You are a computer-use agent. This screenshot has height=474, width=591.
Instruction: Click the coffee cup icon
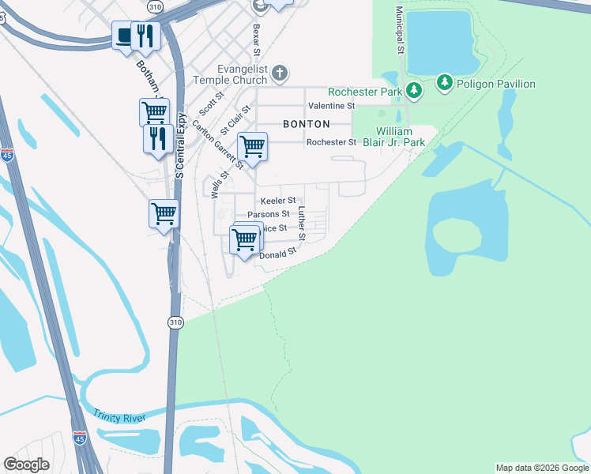(124, 36)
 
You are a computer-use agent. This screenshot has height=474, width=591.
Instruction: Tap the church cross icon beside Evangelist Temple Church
(279, 74)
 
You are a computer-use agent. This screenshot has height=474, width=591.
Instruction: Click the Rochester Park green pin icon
(413, 91)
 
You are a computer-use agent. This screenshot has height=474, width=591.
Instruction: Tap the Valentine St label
(332, 105)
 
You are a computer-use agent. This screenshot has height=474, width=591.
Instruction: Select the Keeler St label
(277, 201)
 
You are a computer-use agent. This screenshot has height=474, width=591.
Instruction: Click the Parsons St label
(269, 214)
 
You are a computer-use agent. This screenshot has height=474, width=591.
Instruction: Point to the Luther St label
(302, 224)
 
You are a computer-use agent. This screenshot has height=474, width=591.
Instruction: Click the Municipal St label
(400, 31)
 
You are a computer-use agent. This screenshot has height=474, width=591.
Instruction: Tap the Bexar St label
(255, 40)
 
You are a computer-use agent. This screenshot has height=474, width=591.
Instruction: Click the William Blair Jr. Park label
(400, 137)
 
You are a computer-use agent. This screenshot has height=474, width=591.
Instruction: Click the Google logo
(26, 465)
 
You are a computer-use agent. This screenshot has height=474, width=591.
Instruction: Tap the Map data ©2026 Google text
(542, 468)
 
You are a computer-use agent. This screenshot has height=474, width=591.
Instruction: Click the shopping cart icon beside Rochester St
(252, 146)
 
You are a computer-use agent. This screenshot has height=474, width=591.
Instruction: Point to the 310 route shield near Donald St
(175, 322)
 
